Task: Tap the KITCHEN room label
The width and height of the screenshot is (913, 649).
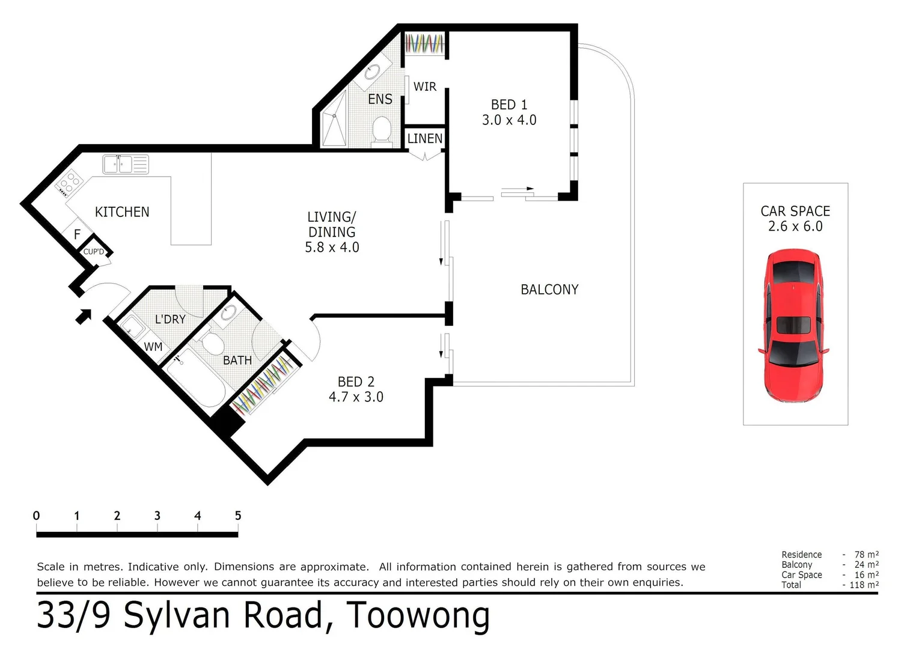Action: pos(122,212)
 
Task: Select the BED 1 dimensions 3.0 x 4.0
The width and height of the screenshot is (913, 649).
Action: pos(509,120)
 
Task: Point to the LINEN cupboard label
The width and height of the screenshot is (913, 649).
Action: pos(425,139)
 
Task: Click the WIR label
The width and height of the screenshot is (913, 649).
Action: pos(424,87)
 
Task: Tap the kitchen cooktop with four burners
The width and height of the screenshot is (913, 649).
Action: pos(69,181)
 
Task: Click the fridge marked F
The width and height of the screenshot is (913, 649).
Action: pos(78,234)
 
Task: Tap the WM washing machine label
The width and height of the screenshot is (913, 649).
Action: pos(153,347)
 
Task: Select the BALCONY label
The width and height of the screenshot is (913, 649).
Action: pos(549,290)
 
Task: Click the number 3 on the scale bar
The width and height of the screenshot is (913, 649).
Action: pos(157,516)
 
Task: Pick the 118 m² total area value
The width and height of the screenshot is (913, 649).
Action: pos(865,585)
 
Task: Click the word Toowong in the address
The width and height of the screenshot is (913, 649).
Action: pos(418,615)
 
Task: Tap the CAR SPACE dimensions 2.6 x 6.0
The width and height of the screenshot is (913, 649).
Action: pos(795,227)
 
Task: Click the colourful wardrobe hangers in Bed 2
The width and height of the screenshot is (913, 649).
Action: pos(264,385)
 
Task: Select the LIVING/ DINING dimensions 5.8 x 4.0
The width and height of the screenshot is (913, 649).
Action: pos(332,248)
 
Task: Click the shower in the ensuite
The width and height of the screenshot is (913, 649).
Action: pos(335,118)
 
